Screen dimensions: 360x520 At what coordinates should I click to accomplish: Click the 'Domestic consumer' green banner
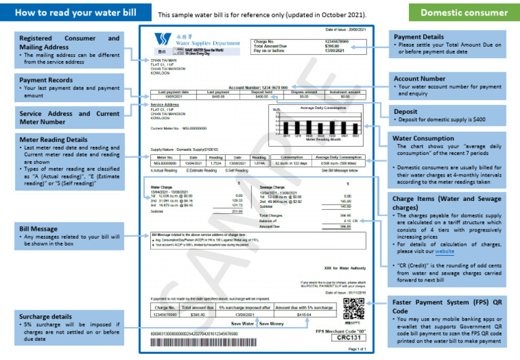464,12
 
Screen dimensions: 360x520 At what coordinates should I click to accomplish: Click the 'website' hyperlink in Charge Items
445,250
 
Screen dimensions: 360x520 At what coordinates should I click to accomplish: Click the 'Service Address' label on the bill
163,105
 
